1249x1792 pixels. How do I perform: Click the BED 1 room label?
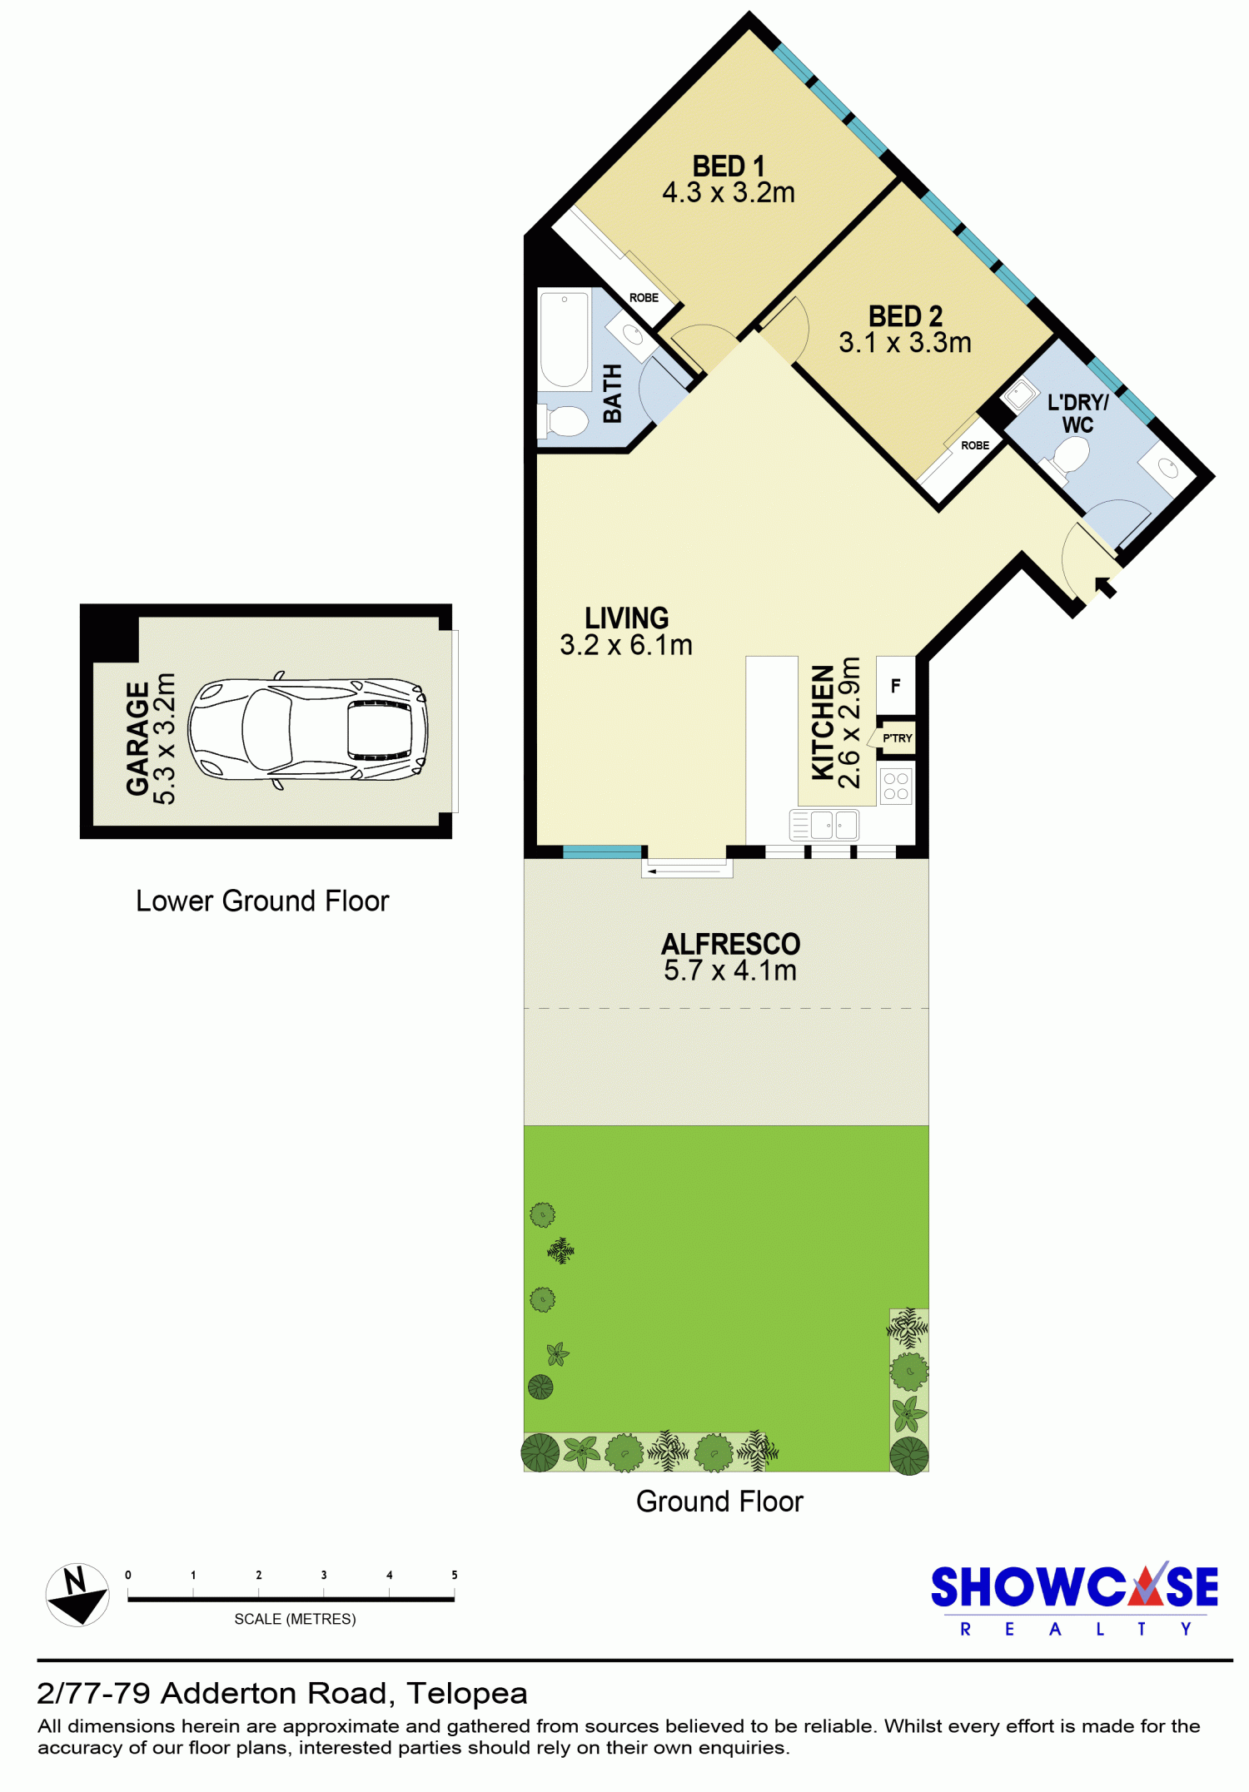728,166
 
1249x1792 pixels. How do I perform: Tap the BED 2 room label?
905,316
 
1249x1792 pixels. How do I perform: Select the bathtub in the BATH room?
565,339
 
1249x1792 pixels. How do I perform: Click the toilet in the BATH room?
565,420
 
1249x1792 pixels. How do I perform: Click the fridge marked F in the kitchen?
896,686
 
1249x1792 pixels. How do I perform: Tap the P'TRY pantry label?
898,738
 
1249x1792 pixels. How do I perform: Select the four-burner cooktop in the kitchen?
896,786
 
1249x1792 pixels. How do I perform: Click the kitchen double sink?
824,825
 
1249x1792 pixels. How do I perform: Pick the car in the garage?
308,730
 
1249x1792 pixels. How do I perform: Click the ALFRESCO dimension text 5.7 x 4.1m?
730,970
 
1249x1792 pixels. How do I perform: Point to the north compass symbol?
77,1595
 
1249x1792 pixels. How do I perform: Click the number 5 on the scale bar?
455,1575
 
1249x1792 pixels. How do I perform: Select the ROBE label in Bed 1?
644,298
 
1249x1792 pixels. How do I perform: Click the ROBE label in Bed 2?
975,445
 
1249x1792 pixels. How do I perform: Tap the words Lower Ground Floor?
262,901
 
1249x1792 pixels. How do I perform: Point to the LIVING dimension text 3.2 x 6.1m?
626,645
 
